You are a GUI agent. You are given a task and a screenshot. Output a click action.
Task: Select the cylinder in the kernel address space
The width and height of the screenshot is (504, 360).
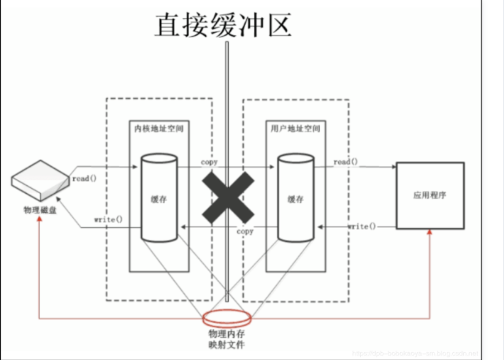158,197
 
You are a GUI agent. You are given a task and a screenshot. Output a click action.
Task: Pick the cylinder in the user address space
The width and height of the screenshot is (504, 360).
295,197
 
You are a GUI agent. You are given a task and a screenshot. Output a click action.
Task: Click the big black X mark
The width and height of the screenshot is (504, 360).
227,196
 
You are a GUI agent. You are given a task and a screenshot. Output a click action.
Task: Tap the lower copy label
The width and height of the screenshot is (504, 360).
244,231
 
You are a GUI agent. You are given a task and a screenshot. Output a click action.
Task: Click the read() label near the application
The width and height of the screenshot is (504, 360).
346,162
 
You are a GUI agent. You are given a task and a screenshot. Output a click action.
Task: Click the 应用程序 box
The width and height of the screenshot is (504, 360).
430,196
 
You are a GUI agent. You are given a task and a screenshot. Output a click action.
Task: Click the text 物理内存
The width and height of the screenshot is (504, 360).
224,334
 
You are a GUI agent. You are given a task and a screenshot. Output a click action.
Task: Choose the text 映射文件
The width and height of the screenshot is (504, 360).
224,345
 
